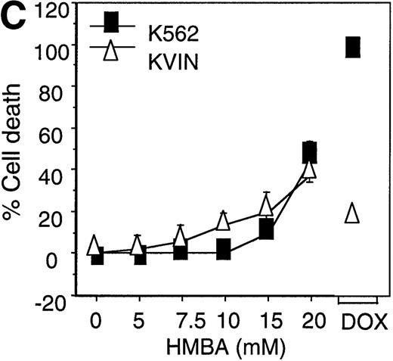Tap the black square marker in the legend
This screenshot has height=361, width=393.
coord(112,25)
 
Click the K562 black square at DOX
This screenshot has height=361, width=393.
coord(353,47)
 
